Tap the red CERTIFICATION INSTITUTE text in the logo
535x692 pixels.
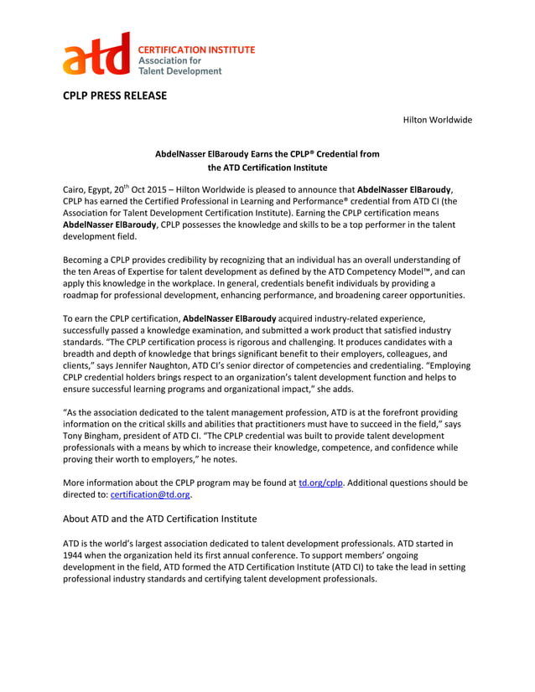pos(196,50)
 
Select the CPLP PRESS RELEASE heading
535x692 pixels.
pos(115,96)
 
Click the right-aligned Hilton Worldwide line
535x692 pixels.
pos(438,120)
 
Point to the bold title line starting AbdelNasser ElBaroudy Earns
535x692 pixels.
pos(267,154)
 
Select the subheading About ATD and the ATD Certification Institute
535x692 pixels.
pos(160,519)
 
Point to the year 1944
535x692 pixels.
pos(76,555)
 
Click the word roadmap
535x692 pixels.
pos(85,296)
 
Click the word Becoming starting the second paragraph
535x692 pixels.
pos(86,261)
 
